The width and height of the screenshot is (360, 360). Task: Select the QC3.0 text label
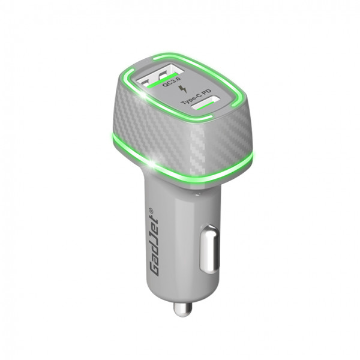[172, 82]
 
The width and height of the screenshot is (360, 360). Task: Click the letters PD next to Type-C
[207, 91]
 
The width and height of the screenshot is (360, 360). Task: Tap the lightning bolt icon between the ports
[184, 89]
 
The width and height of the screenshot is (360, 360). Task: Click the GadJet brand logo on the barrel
[152, 242]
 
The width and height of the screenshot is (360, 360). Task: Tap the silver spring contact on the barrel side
[209, 250]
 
